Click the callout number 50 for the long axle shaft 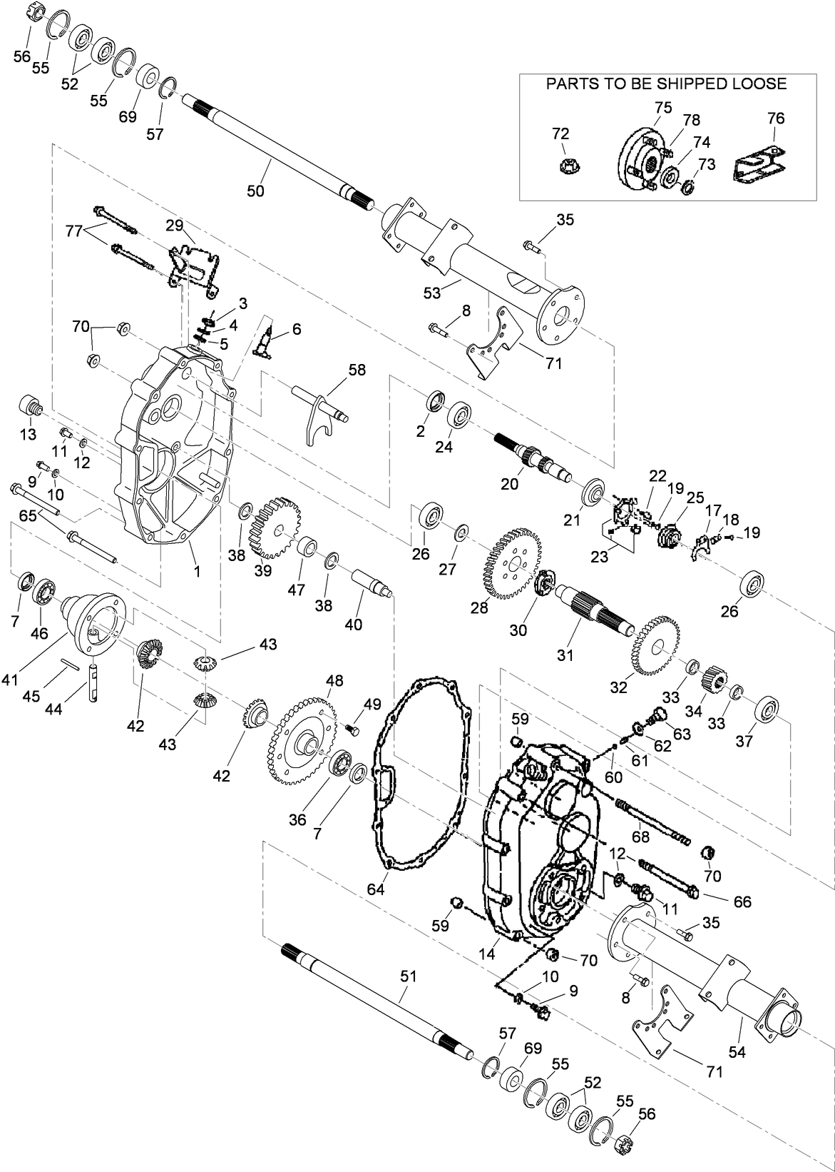(255, 191)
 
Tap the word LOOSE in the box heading (757, 84)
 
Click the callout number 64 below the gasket (376, 889)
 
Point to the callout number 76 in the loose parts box (775, 118)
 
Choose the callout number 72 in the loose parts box (560, 133)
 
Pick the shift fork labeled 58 (319, 418)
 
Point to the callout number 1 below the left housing (198, 571)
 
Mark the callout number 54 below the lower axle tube (737, 1052)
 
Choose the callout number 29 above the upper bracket (175, 226)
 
